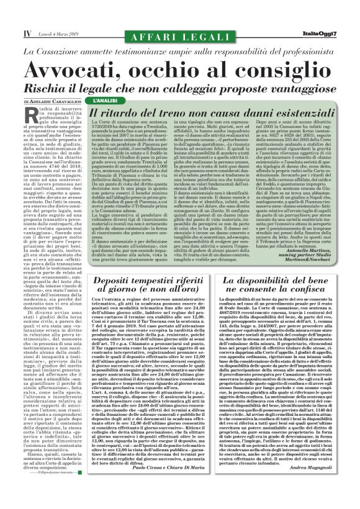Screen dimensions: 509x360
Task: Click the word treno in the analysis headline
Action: pos(186,114)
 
